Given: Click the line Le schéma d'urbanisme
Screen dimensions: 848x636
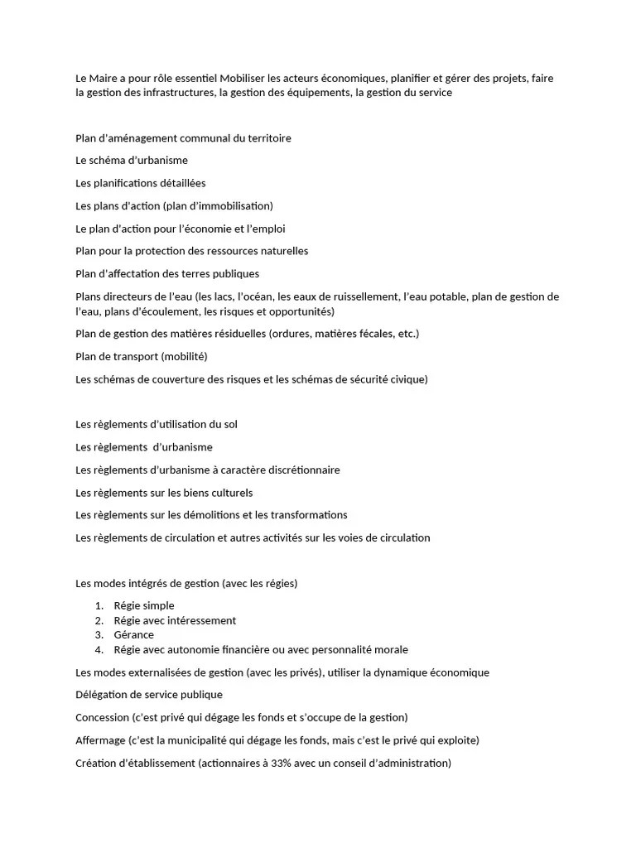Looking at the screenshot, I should click(132, 161).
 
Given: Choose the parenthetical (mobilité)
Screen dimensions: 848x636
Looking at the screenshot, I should click(184, 356).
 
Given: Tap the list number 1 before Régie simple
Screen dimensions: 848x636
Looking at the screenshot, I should click(99, 606).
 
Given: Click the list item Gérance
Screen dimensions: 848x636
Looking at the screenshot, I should click(134, 635).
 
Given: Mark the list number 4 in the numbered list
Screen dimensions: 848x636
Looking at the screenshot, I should click(99, 650).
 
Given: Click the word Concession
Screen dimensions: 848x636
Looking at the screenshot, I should click(102, 717).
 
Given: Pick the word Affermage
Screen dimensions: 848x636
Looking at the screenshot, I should click(100, 740).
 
